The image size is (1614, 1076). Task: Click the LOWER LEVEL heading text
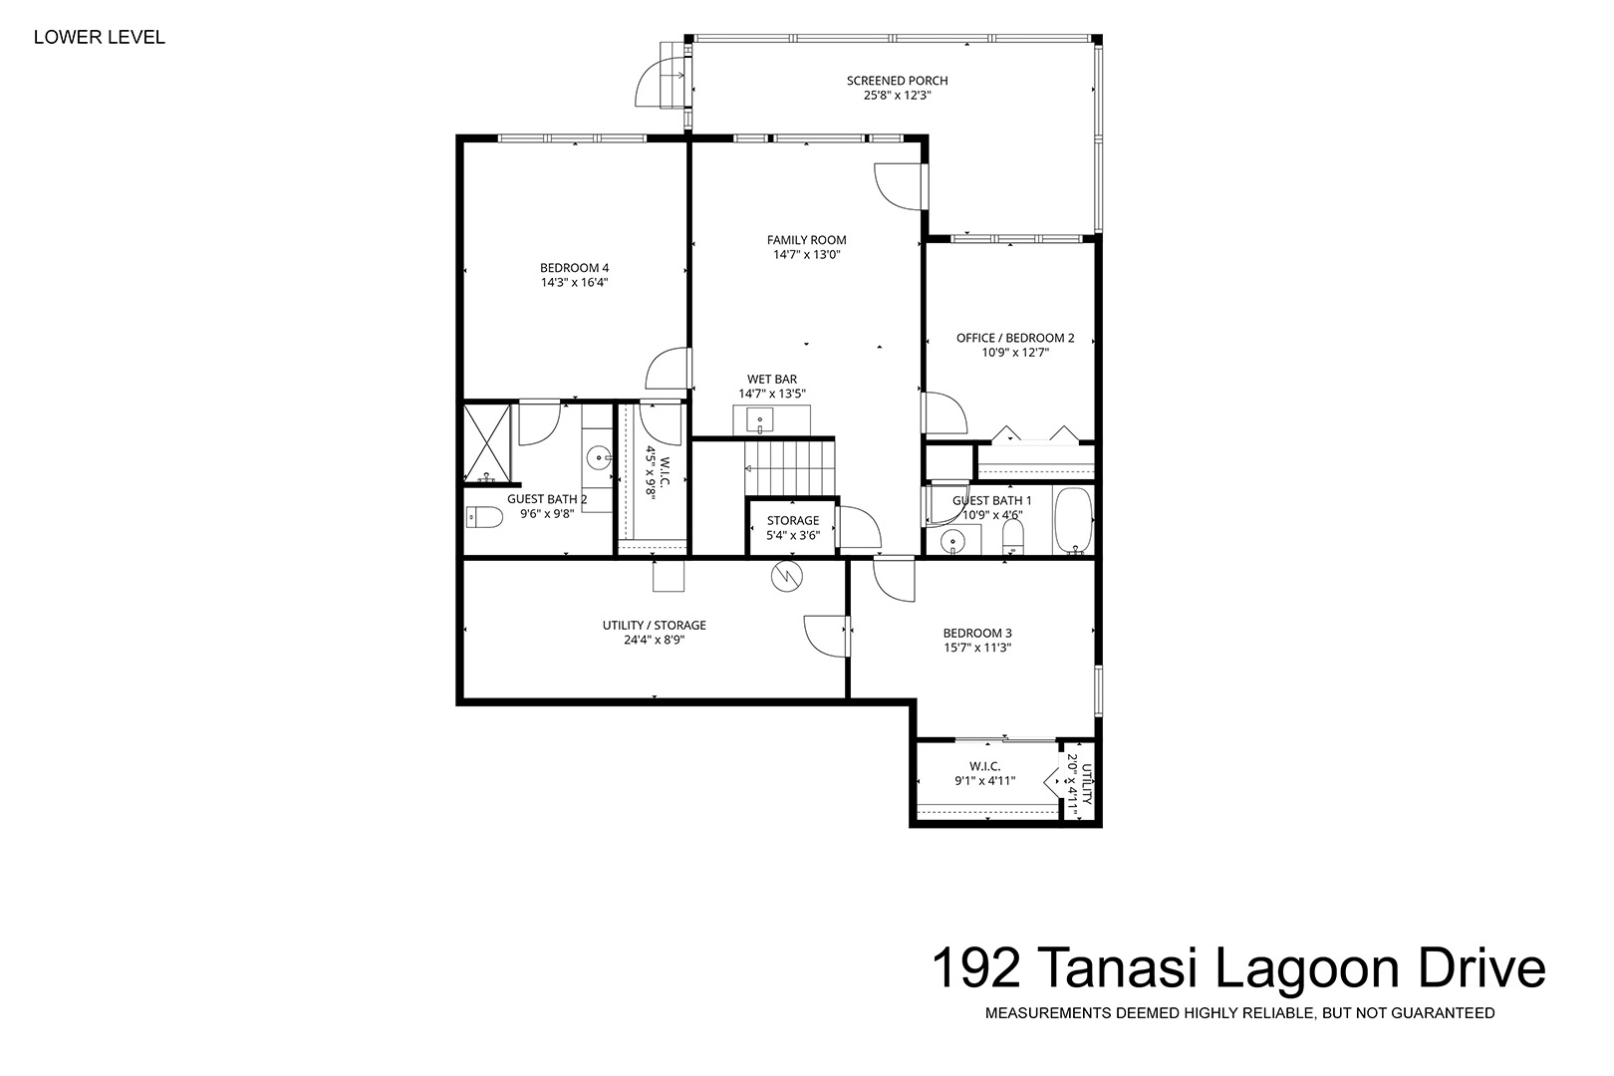pyautogui.click(x=100, y=38)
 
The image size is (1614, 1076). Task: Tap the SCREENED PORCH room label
pyautogui.click(x=897, y=81)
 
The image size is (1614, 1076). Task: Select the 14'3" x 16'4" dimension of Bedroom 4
pyautogui.click(x=575, y=283)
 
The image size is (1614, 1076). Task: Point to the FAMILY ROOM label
pyautogui.click(x=806, y=240)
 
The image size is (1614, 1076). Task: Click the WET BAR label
pyautogui.click(x=772, y=379)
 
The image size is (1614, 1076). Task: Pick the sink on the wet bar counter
pyautogui.click(x=759, y=418)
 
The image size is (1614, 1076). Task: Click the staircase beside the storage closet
pyautogui.click(x=789, y=467)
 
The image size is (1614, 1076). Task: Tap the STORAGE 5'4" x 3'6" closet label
pyautogui.click(x=793, y=528)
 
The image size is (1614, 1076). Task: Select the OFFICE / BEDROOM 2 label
pyautogui.click(x=1015, y=338)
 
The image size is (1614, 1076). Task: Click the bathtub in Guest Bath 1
pyautogui.click(x=1074, y=520)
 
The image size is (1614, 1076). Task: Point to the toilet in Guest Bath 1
pyautogui.click(x=1013, y=537)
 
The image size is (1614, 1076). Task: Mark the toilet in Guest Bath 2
pyautogui.click(x=484, y=517)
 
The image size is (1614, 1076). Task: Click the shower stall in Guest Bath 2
pyautogui.click(x=487, y=444)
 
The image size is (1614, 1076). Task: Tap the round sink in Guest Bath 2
pyautogui.click(x=598, y=457)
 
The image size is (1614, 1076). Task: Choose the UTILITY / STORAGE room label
pyautogui.click(x=655, y=626)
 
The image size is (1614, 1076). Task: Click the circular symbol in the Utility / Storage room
pyautogui.click(x=787, y=577)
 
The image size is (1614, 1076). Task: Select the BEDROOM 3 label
pyautogui.click(x=977, y=634)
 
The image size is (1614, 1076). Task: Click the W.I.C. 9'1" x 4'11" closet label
pyautogui.click(x=985, y=773)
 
